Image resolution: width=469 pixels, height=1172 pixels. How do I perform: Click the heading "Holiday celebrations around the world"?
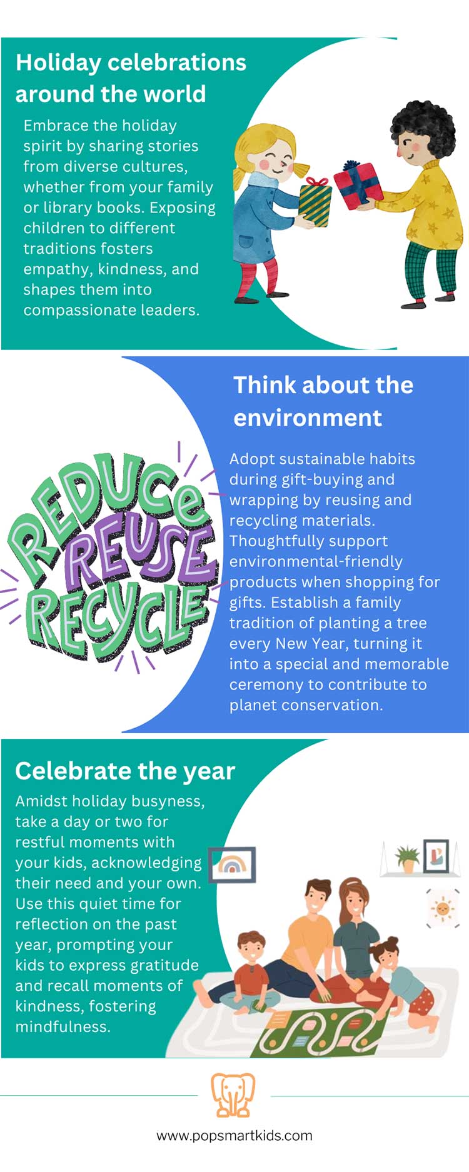click(131, 78)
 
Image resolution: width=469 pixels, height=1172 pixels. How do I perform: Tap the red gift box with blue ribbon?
click(358, 185)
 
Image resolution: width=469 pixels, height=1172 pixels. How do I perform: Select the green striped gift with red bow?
click(316, 201)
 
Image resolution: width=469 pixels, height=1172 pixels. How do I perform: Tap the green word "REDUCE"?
click(106, 500)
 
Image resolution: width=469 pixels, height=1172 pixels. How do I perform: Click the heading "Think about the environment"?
click(323, 401)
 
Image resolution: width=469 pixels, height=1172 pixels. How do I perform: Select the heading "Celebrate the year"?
click(125, 771)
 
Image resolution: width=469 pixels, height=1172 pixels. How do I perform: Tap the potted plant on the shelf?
click(407, 858)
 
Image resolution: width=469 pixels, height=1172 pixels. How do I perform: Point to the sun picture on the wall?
click(443, 908)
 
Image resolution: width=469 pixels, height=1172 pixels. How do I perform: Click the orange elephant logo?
click(233, 1094)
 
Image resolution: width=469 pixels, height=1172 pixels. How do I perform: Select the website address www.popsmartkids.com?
click(234, 1135)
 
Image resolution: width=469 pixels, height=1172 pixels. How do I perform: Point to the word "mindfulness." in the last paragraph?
click(63, 1026)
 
